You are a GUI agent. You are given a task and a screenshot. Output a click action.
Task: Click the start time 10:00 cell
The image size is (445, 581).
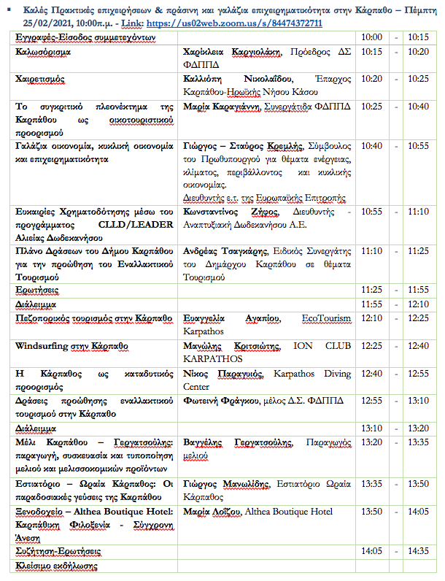(372, 37)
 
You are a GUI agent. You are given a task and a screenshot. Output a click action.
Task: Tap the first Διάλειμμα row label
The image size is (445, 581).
(36, 304)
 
